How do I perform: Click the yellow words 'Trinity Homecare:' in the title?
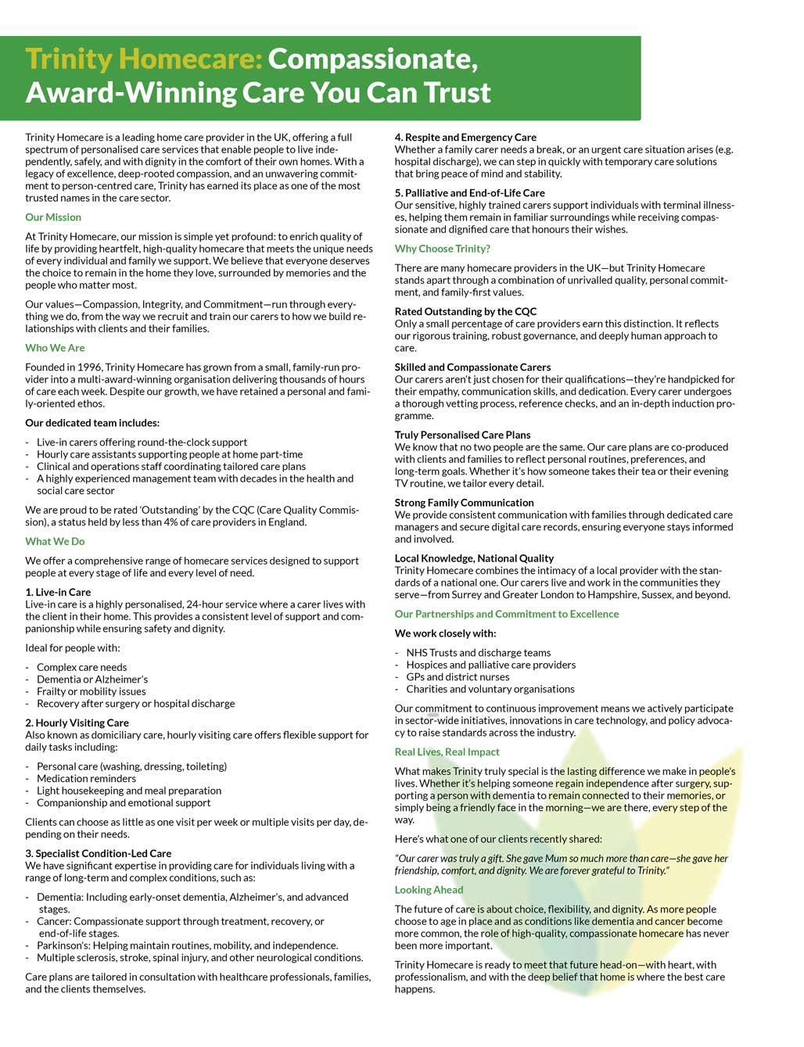[143, 59]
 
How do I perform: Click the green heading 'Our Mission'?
[53, 217]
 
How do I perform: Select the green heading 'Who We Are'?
[55, 348]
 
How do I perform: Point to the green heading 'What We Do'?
[55, 541]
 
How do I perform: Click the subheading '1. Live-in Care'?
[58, 592]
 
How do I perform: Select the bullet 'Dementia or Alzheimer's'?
[92, 679]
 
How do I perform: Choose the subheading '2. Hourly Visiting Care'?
[77, 723]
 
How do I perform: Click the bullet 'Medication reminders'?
[86, 778]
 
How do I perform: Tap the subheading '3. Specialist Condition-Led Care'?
[98, 853]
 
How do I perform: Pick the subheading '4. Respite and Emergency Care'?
[465, 137]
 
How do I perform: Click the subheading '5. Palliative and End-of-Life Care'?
[469, 192]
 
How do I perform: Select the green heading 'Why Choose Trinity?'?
[442, 249]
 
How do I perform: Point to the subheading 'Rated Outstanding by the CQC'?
[465, 311]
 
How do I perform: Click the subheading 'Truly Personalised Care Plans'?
[462, 435]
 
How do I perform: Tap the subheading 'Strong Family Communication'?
[464, 503]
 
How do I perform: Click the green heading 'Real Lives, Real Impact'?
[447, 752]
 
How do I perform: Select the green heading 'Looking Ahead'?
[429, 890]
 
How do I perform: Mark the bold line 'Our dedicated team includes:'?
[92, 423]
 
